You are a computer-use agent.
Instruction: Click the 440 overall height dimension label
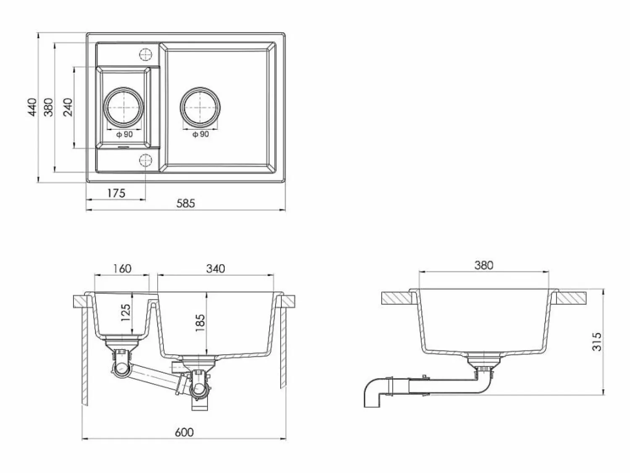pyautogui.click(x=33, y=107)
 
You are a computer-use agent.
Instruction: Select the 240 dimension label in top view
pyautogui.click(x=68, y=107)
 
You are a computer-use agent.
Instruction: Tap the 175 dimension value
pyautogui.click(x=116, y=193)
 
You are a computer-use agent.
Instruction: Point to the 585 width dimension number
pyautogui.click(x=186, y=203)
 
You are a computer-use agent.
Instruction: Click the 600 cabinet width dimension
pyautogui.click(x=184, y=432)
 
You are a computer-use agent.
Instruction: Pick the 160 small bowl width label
pyautogui.click(x=122, y=269)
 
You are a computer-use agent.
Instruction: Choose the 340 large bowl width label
pyautogui.click(x=215, y=269)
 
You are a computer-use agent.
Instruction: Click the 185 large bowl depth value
pyautogui.click(x=200, y=323)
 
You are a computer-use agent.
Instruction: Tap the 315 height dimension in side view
pyautogui.click(x=597, y=342)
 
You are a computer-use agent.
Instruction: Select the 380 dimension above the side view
pyautogui.click(x=483, y=265)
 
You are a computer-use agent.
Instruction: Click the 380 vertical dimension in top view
pyautogui.click(x=48, y=107)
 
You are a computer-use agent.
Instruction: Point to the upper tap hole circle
pyautogui.click(x=145, y=54)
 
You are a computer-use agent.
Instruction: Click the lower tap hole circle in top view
pyautogui.click(x=145, y=160)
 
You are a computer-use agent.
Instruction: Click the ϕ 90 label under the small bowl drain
pyautogui.click(x=125, y=134)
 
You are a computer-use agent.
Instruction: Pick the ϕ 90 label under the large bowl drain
pyautogui.click(x=201, y=134)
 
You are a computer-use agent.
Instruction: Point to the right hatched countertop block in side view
pyautogui.click(x=572, y=298)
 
